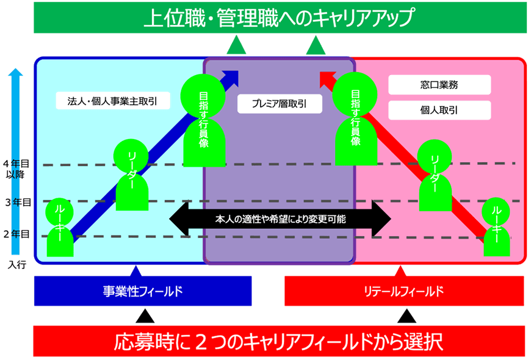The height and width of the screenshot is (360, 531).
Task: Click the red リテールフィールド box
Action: point(404,291)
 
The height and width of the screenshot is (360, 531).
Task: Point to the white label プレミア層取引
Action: point(280,104)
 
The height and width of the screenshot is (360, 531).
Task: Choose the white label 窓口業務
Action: point(439,85)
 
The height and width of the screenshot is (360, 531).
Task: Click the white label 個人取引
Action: point(439,110)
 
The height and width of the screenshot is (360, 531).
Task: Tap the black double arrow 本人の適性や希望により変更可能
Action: point(280,218)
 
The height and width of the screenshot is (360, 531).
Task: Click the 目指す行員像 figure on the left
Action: point(204,119)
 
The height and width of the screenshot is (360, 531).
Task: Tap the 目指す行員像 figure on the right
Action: point(355,119)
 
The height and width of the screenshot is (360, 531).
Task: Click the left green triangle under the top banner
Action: point(236,46)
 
